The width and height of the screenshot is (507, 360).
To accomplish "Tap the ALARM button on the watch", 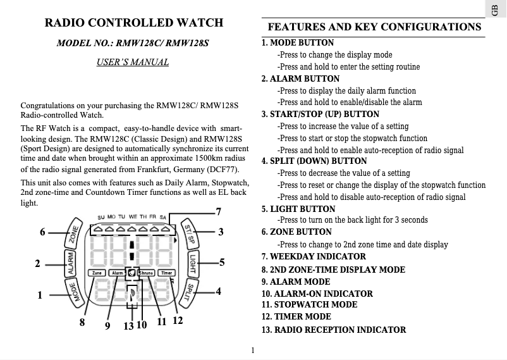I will tap(71, 262).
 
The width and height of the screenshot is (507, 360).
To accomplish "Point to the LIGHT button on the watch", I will tap(192, 262).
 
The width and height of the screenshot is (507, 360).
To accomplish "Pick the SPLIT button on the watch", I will tap(188, 292).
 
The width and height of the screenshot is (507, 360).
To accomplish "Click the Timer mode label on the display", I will tap(166, 273).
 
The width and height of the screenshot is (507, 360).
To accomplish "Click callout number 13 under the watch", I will tap(128, 325).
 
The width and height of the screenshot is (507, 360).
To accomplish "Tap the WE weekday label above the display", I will tap(133, 217).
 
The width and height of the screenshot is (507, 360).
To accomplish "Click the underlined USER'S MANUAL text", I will tap(133, 62).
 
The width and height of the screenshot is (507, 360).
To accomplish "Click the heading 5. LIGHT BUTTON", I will tap(298, 209).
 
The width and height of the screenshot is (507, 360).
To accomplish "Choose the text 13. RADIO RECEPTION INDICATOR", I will tap(334, 330).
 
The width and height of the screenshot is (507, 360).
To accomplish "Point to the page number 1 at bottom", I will tap(252, 350).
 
